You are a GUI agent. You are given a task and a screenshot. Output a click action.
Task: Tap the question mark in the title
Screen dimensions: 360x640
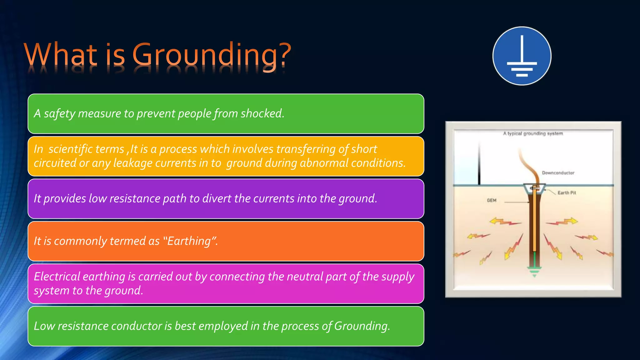[x=285, y=55]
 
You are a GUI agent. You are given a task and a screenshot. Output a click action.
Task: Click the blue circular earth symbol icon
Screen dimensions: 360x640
[x=522, y=56]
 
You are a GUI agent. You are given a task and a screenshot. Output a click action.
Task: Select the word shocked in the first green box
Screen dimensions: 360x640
[x=262, y=113]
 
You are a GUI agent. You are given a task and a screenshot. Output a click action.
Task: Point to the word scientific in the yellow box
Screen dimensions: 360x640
[x=86, y=149]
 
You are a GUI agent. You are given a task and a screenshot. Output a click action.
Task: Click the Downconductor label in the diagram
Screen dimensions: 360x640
[x=558, y=173]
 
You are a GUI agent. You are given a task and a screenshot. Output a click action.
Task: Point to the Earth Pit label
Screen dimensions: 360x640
[x=567, y=193]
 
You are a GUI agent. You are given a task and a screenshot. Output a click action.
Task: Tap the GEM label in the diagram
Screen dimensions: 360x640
[x=491, y=200]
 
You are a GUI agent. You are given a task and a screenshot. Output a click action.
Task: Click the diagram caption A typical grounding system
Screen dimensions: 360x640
[x=533, y=133]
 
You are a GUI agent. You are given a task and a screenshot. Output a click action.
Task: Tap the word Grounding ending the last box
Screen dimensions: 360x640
[x=362, y=326]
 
